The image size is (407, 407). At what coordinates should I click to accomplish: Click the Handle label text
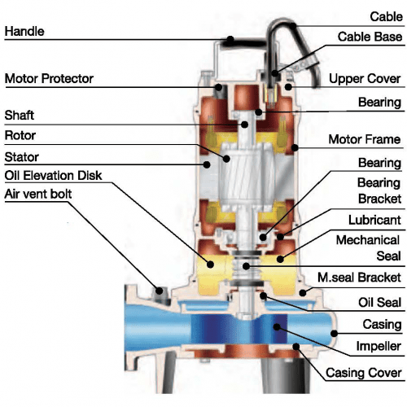point(24,31)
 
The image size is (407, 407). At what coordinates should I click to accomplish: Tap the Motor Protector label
point(49,78)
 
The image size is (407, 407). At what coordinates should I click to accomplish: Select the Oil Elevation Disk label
point(53,175)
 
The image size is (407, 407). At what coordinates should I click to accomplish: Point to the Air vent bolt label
point(38,194)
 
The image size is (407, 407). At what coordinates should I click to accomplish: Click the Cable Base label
point(370,37)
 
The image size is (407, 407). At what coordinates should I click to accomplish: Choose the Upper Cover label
point(365,79)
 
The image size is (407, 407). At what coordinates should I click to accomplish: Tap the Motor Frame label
point(365,139)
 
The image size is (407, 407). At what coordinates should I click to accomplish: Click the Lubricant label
point(374,220)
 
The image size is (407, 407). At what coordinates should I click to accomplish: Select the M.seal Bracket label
point(359,278)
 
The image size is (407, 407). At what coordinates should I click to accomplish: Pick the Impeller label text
point(379,346)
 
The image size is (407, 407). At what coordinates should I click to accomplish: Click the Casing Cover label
point(364,373)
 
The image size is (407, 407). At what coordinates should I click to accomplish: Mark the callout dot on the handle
point(230,40)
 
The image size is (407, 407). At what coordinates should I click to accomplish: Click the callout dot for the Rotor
point(226,159)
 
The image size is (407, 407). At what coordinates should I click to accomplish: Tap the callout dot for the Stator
point(207,164)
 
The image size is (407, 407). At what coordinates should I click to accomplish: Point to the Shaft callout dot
point(245,125)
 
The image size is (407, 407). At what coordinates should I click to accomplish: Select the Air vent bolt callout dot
point(160,291)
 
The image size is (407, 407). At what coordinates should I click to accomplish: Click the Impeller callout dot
point(277,327)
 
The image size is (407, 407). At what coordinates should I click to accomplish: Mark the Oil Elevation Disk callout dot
point(210,265)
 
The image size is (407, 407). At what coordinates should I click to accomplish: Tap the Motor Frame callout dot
point(295,148)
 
